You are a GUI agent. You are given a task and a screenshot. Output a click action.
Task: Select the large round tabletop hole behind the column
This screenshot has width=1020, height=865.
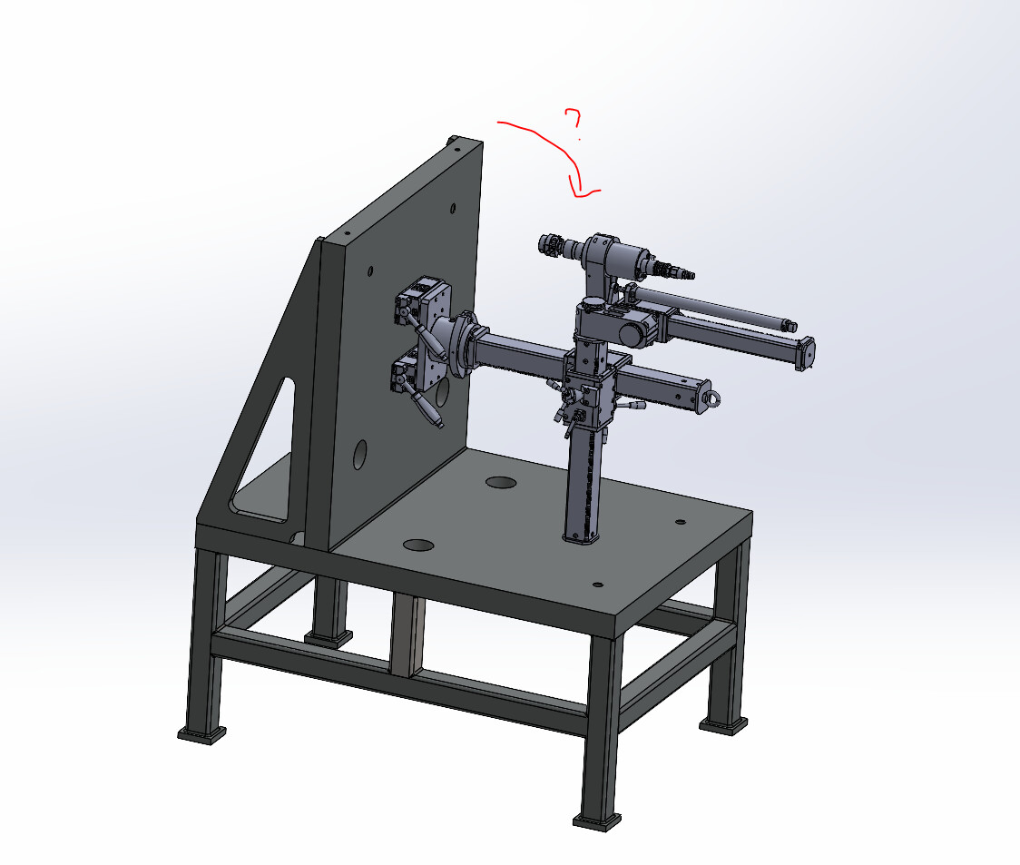[x=501, y=483]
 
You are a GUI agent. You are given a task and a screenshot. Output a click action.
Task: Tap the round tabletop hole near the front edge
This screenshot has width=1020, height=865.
[x=418, y=545]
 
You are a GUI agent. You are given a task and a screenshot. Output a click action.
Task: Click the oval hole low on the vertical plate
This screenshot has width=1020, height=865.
[x=359, y=455]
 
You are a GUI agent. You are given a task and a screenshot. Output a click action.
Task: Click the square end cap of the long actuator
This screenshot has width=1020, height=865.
[x=807, y=353]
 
